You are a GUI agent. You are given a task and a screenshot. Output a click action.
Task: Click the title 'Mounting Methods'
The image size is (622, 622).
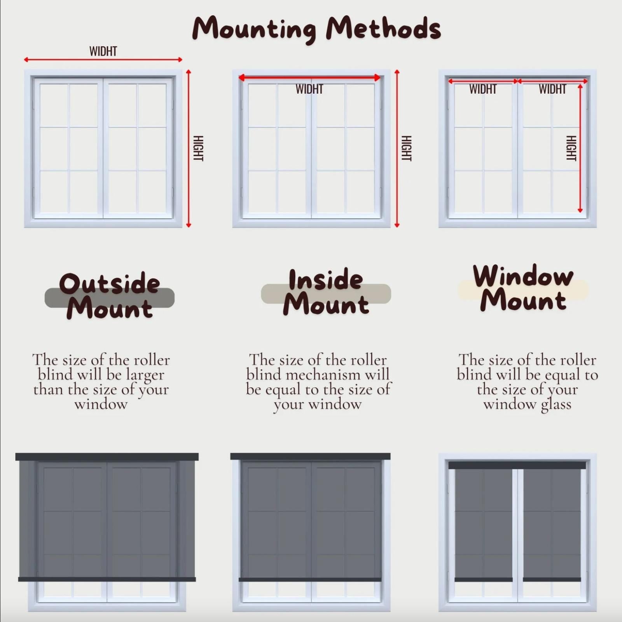[x=316, y=28]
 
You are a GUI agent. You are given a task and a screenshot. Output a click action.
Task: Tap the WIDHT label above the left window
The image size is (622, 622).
[x=103, y=51]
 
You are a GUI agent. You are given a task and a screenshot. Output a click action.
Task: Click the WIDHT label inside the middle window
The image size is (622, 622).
[x=309, y=89]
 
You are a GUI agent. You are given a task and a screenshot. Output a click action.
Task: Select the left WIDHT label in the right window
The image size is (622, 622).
[x=483, y=89]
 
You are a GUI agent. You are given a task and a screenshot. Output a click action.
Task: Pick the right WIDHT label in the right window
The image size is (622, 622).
[x=552, y=89]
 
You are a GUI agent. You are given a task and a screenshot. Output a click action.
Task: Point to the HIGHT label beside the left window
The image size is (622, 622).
[x=198, y=148]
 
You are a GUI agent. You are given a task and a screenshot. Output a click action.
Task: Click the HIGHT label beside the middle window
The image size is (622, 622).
[x=406, y=148]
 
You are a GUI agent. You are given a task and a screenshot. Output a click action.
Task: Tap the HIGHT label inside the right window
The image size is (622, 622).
[x=571, y=148]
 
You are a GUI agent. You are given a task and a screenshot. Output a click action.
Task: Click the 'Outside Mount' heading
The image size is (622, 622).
[x=109, y=295]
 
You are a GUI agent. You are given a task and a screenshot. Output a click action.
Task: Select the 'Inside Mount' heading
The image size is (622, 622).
[x=326, y=292]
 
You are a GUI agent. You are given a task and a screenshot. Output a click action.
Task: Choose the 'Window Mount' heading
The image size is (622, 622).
[x=523, y=288]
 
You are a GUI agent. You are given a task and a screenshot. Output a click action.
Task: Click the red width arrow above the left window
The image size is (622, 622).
[x=103, y=59]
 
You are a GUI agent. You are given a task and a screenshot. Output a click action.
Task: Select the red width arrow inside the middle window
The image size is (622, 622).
[x=309, y=78]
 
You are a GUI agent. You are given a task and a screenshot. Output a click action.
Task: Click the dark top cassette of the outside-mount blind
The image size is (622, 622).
[x=107, y=457]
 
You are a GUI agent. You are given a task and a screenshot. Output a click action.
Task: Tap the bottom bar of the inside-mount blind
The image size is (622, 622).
[x=310, y=580]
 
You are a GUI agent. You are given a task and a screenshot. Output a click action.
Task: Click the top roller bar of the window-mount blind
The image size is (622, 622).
[x=517, y=465]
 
